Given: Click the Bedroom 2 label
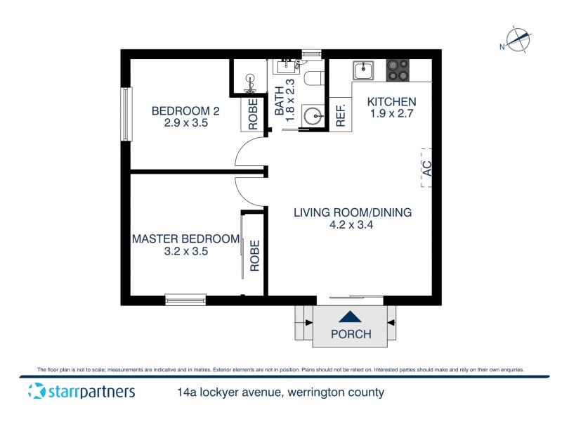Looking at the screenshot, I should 181,110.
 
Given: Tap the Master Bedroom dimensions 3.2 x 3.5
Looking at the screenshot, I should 186,251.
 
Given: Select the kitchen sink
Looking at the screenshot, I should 364,70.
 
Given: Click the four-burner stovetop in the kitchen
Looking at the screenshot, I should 398,70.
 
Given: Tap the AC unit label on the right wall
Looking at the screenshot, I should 426,168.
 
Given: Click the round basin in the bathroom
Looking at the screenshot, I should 312,115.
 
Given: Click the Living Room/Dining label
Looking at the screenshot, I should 352,212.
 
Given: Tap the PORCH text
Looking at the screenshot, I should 351,334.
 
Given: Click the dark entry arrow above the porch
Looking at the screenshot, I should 351,318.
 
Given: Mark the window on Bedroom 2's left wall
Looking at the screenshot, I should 126,114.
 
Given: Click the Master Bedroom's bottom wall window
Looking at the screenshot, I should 185,300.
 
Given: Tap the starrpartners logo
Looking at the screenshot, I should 81,392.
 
